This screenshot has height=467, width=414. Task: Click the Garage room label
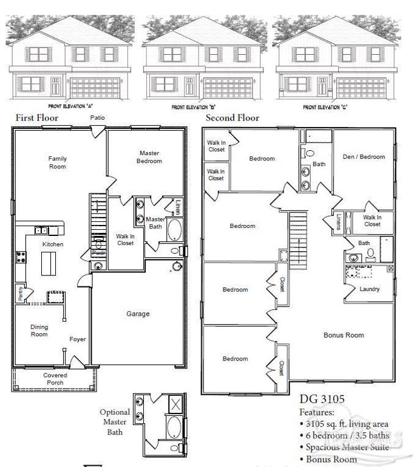[x=138, y=314]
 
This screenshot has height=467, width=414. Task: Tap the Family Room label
[x=58, y=162]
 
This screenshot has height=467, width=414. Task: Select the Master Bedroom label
[x=149, y=157]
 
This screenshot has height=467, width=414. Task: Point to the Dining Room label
[x=39, y=331]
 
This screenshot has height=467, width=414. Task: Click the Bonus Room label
[x=344, y=335]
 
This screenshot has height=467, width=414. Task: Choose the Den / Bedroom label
[x=364, y=157]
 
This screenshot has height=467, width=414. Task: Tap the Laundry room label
[x=369, y=289]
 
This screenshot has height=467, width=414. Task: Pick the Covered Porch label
[x=55, y=379]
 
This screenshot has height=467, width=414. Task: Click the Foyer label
[x=77, y=339]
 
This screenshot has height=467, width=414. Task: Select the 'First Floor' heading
[x=37, y=118]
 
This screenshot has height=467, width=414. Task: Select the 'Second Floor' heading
[x=232, y=118]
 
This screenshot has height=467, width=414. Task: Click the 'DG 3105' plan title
[x=322, y=400]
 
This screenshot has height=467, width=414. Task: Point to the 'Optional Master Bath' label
[x=115, y=422]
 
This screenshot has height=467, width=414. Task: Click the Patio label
[x=97, y=117]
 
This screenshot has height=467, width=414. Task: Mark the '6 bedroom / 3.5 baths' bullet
[x=344, y=435]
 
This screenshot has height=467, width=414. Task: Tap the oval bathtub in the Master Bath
[x=174, y=231]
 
